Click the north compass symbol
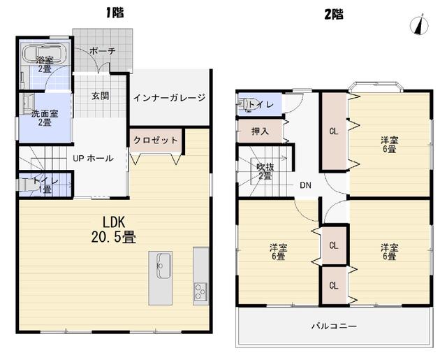coord(419,24)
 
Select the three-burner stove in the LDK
coord(201,291)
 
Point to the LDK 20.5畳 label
coord(113,229)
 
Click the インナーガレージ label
coord(169,98)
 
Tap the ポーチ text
coord(103,51)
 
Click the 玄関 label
coord(101,96)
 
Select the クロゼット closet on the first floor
coord(156,141)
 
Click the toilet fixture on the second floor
coord(243,105)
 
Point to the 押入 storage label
coord(260,131)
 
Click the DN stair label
coord(306,185)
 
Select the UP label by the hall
coord(78,158)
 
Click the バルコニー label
coord(334,326)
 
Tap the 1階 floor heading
coord(115,13)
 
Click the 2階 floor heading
coord(334,14)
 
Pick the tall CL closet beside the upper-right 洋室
coord(334,131)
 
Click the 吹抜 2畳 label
coord(265,171)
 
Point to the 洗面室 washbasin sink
coord(28,102)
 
